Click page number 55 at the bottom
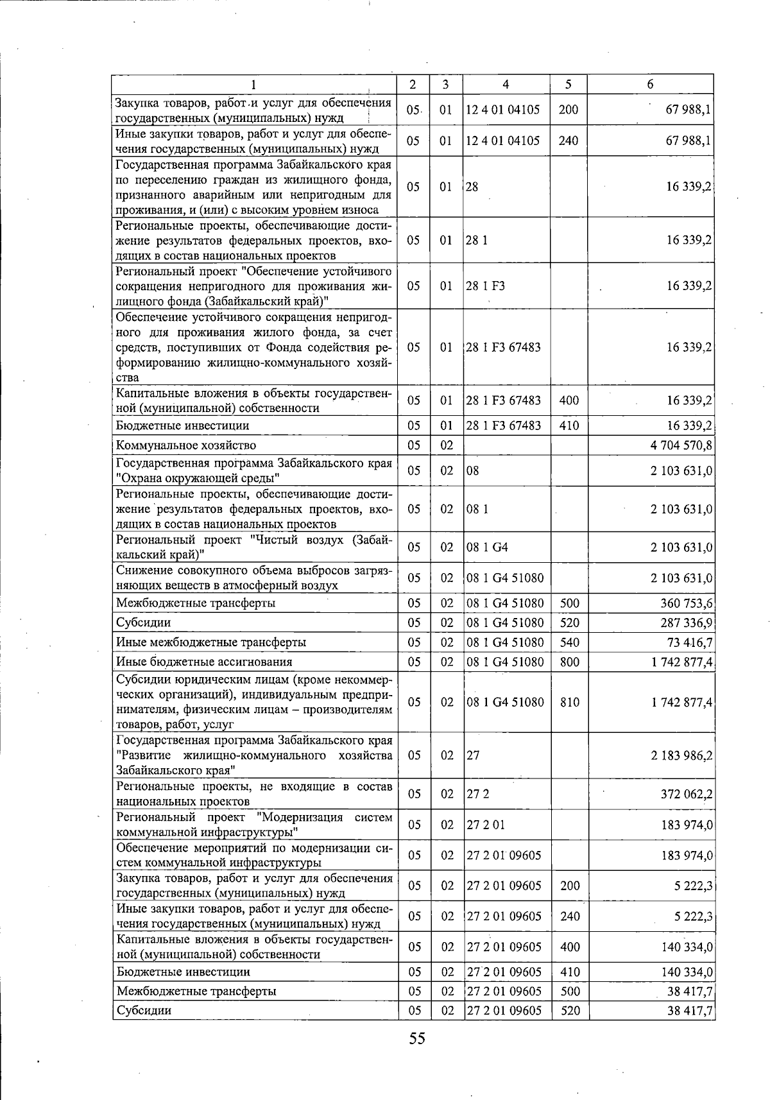(417, 1038)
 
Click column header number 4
(506, 85)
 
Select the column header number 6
(650, 85)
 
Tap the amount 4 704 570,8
(681, 445)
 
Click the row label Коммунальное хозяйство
(186, 445)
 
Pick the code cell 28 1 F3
(485, 286)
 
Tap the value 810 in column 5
(569, 702)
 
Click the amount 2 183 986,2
(681, 755)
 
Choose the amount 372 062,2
(687, 794)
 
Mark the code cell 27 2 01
(486, 825)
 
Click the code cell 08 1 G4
(487, 547)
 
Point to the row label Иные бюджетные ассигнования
(204, 662)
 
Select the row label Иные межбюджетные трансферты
(211, 642)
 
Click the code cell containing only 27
(473, 755)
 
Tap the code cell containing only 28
(472, 187)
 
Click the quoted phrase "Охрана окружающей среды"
(198, 478)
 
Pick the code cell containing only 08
(473, 471)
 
